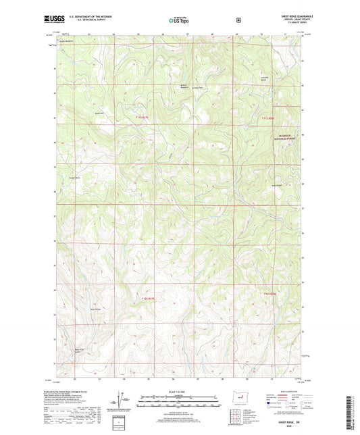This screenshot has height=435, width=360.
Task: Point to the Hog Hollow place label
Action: point(96,310)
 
